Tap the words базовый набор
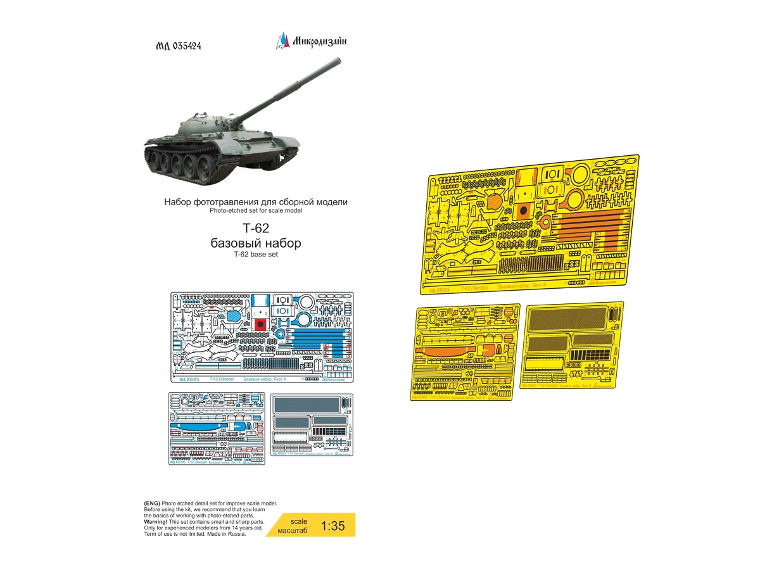[x=255, y=244]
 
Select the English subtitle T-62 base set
[x=255, y=255]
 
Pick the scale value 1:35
[x=332, y=526]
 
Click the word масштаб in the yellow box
[x=293, y=531]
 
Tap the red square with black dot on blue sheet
[x=258, y=324]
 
